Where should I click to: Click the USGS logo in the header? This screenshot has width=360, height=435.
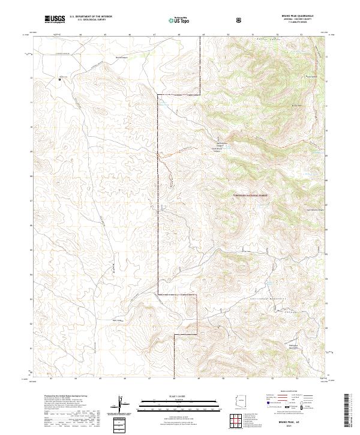point(55,19)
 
